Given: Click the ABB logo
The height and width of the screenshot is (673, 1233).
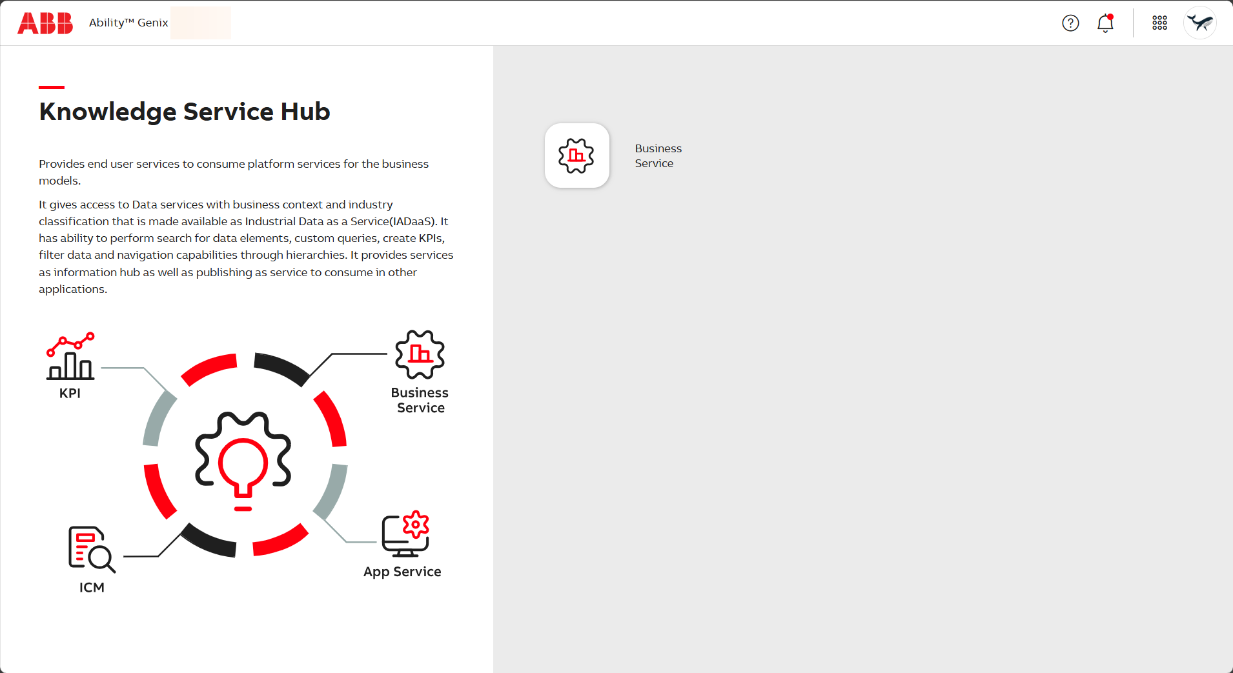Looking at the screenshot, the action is (x=45, y=23).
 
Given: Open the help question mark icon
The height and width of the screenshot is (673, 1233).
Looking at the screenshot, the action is (x=1070, y=23).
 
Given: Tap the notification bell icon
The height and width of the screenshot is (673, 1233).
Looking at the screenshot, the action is (x=1105, y=23).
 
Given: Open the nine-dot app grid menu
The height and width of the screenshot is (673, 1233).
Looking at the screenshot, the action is (x=1159, y=23).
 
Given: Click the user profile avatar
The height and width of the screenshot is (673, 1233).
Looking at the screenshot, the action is (x=1200, y=23).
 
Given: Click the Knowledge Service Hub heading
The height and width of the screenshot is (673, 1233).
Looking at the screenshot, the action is (x=185, y=112).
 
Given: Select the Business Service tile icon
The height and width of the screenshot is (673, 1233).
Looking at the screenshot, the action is (x=577, y=156).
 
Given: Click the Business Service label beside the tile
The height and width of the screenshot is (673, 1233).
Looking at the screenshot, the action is (x=658, y=156).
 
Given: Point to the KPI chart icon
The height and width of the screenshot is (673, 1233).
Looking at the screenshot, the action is (x=70, y=356).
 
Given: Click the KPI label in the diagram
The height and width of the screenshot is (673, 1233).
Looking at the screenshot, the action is (x=70, y=393).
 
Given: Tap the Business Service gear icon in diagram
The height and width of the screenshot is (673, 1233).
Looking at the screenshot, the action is (x=420, y=354).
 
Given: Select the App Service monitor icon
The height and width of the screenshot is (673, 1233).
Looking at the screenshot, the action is (x=405, y=534).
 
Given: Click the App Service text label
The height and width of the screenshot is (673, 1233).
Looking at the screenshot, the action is (x=402, y=572).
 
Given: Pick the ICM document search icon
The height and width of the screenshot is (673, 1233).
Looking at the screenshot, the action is (x=92, y=549).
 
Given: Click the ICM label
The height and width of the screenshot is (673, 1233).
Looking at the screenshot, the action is (x=92, y=587).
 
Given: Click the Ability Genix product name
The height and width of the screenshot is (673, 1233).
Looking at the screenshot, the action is (x=128, y=23).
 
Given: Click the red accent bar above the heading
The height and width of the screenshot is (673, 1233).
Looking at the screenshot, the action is (x=52, y=87).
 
